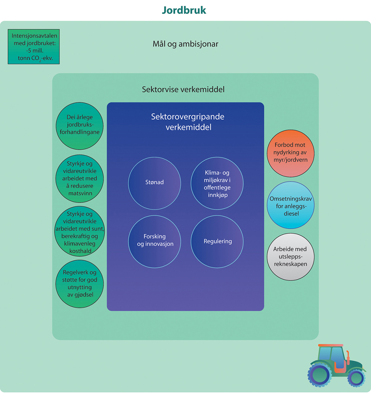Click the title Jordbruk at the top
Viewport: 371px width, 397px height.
(184, 10)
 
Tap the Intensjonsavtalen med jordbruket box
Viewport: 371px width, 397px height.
(35, 47)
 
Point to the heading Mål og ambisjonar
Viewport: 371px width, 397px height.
(185, 44)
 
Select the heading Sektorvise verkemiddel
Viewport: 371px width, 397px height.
(183, 90)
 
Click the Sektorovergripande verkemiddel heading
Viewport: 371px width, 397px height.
(188, 122)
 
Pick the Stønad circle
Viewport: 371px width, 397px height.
(155, 182)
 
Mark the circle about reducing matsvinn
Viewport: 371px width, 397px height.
(79, 178)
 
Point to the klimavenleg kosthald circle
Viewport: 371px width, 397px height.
(79, 232)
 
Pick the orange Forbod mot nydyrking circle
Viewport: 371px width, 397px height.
(290, 153)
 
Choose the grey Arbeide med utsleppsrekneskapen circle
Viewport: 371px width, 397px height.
(290, 256)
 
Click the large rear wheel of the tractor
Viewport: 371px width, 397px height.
(319, 375)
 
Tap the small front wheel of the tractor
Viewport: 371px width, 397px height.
(357, 378)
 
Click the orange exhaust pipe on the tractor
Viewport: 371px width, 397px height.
(348, 357)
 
